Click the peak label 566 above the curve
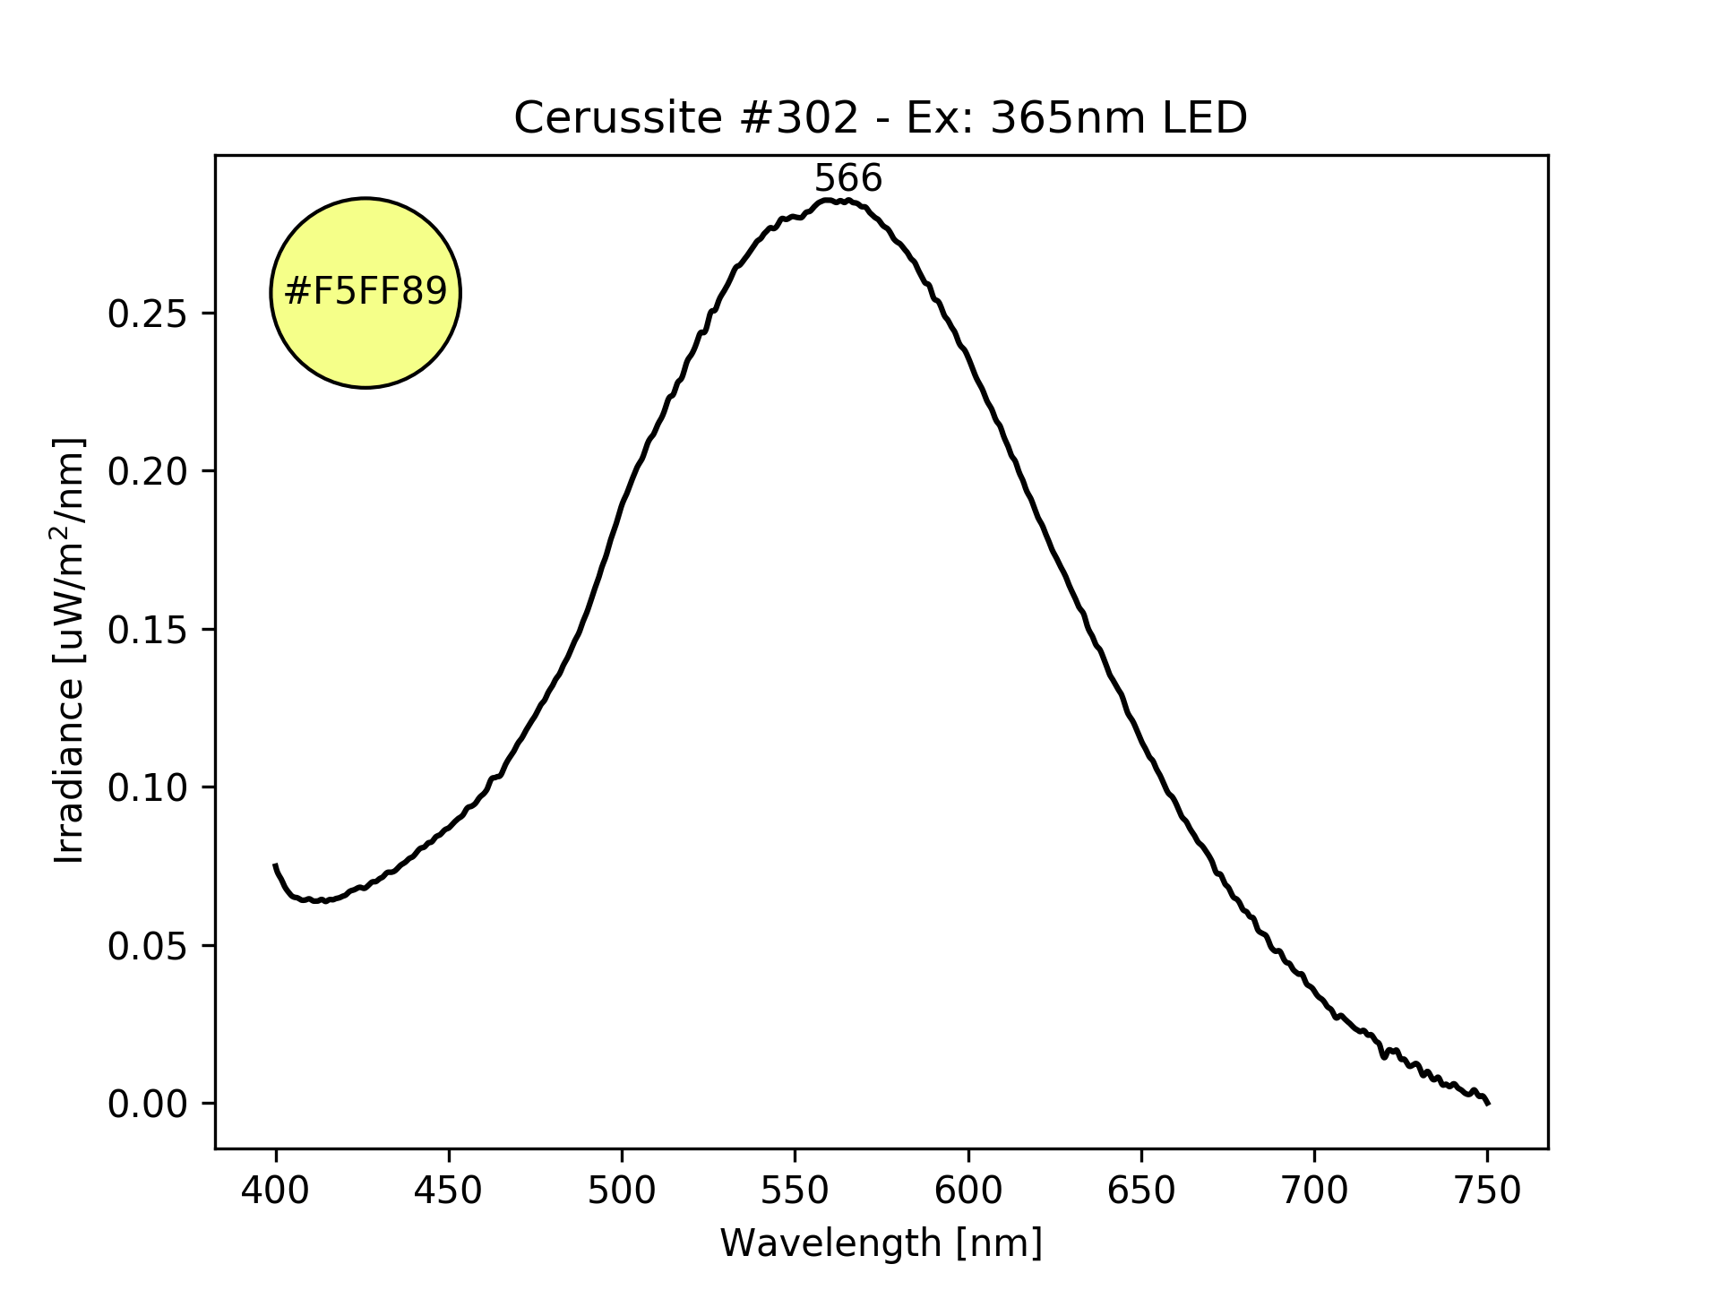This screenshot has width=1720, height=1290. (847, 179)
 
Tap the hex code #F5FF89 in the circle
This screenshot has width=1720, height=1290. (365, 292)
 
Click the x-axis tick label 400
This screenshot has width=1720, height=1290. (276, 1191)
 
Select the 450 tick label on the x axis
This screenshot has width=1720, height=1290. (449, 1191)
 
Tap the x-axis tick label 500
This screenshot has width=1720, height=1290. (622, 1191)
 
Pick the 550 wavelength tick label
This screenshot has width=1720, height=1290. (795, 1191)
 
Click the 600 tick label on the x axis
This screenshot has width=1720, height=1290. (968, 1191)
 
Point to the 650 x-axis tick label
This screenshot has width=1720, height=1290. (1141, 1191)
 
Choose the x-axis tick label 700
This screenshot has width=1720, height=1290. (1314, 1191)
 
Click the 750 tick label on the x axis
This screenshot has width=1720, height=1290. (1487, 1191)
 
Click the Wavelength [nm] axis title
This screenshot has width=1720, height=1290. (881, 1243)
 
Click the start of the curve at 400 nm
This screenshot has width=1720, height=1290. (276, 865)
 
